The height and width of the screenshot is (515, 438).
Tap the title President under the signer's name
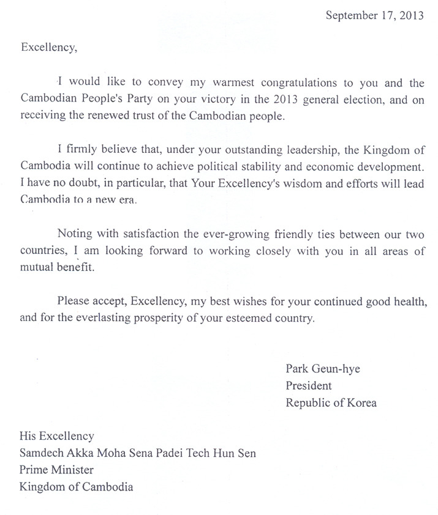pos(309,386)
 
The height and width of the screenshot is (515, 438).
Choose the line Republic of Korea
pos(331,402)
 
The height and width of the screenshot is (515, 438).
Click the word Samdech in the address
pos(42,453)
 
